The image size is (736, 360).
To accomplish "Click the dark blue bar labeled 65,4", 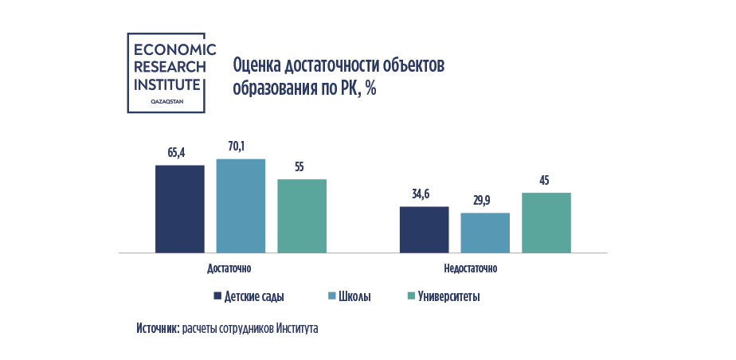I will pyautogui.click(x=180, y=209).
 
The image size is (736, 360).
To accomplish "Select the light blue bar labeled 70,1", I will pyautogui.click(x=241, y=205).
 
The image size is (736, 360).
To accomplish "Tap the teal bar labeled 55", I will pyautogui.click(x=302, y=216).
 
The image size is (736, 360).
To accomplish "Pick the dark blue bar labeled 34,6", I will pyautogui.click(x=424, y=229).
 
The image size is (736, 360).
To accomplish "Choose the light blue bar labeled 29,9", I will pyautogui.click(x=485, y=233).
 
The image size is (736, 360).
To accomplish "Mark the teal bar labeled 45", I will pyautogui.click(x=546, y=222).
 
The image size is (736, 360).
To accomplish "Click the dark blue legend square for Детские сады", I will pyautogui.click(x=217, y=296).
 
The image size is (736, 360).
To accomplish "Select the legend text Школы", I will pyautogui.click(x=354, y=296).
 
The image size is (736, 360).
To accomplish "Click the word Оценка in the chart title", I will pyautogui.click(x=256, y=65).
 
